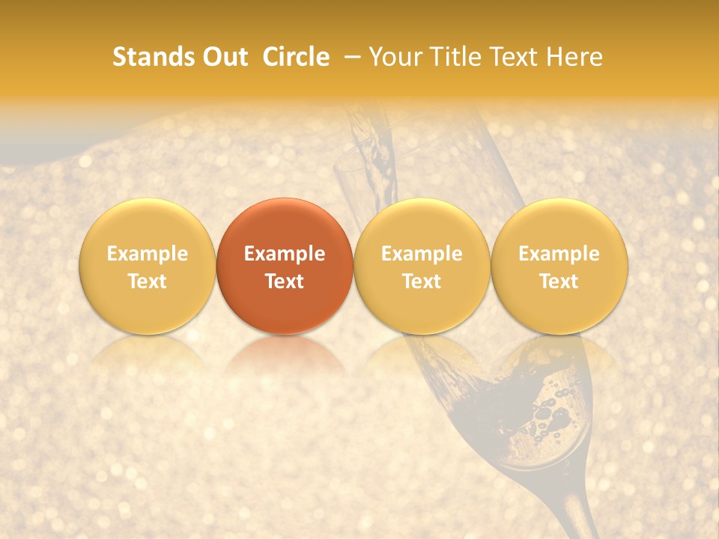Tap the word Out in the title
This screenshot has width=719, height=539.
coord(224,57)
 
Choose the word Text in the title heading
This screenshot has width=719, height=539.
coord(516,57)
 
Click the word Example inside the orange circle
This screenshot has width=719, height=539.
coord(285,254)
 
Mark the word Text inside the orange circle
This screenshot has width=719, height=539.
coord(285,281)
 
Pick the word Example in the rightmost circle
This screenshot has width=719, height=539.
coord(559,254)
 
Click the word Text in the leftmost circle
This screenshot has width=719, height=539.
coord(147,281)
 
